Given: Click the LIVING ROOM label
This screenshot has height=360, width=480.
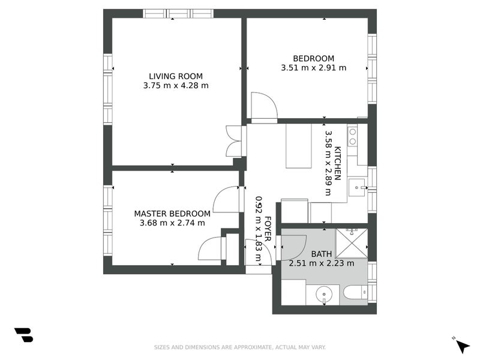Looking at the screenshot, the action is tap(176, 76).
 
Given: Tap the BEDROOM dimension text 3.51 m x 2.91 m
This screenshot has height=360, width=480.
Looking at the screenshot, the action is tap(313, 68).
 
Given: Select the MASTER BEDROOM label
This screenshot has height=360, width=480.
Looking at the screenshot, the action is tap(172, 214).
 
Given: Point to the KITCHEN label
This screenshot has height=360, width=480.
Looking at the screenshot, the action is tap(337, 163).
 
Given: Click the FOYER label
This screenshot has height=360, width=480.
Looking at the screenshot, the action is tap(267, 229).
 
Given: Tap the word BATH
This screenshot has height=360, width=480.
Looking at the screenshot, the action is tap(322, 254).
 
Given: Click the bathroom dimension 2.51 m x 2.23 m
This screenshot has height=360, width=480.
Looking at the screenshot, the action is tap(322, 263).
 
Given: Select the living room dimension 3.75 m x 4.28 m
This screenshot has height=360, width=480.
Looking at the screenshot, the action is tap(176, 85).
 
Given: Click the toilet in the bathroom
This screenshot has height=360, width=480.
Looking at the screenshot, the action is tap(355, 292).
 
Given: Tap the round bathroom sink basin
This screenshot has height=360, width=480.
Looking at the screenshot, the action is tap(324, 295).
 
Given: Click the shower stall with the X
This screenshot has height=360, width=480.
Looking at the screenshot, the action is tap(352, 243).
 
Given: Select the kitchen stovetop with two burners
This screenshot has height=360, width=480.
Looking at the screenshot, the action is tap(353, 136).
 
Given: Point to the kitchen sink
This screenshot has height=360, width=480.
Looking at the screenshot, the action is tap(357, 187).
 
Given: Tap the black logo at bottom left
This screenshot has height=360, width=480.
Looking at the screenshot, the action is tap(23, 335).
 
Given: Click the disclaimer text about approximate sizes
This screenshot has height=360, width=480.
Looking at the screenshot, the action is tap(239, 347).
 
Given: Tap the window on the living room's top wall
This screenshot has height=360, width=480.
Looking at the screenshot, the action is tap(178, 14).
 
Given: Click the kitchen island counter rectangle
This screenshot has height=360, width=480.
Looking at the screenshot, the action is tap(298, 146).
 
